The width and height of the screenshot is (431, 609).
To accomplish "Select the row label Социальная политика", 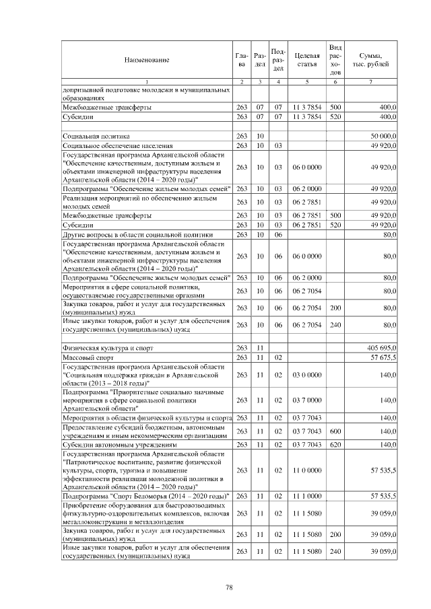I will [x=96, y=137].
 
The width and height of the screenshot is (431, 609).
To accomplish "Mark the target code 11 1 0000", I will [x=306, y=497].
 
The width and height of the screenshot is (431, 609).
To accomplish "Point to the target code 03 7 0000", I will [x=306, y=400].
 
